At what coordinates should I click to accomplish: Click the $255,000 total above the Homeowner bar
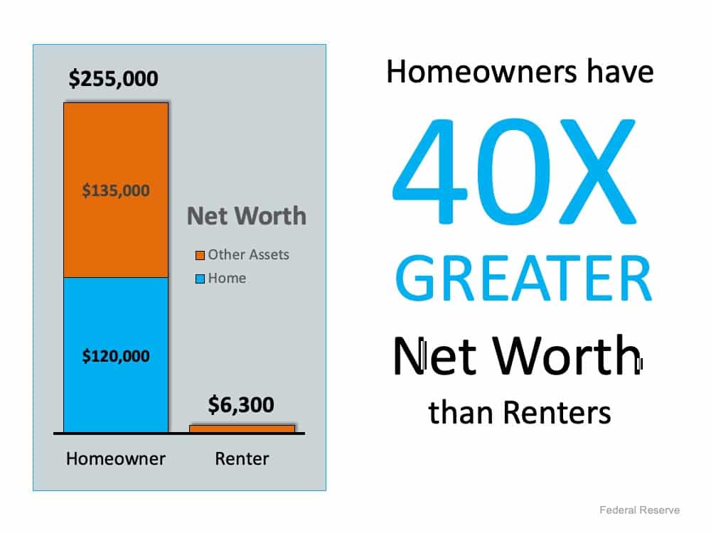pos(113,78)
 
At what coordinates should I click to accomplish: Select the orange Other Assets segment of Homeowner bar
pos(116,190)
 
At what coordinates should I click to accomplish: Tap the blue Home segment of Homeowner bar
pos(116,355)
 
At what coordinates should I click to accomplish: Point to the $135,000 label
pos(116,190)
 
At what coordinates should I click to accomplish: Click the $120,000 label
pos(116,356)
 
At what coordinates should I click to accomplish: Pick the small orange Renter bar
pos(242,429)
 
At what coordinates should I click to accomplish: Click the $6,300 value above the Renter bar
pos(241,405)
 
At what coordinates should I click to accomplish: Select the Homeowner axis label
pos(116,458)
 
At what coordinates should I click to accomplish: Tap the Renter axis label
pos(242,458)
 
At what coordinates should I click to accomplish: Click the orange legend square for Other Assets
pos(200,256)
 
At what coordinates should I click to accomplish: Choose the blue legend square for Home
pos(200,279)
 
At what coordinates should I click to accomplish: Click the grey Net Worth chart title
pos(247,216)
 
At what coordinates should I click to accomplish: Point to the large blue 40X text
pos(515,171)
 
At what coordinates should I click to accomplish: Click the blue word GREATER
pos(524,279)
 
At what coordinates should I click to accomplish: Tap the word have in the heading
pos(620,72)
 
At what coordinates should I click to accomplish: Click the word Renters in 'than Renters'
pos(557,412)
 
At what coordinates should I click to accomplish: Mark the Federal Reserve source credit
pos(639,510)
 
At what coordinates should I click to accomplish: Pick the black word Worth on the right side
pos(567,356)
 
